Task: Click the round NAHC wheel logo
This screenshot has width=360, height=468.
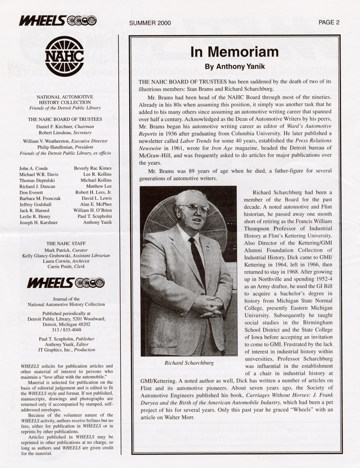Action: point(65,58)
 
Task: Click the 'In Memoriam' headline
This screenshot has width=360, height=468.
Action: point(234,52)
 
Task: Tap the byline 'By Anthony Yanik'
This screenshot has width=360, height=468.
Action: point(234,66)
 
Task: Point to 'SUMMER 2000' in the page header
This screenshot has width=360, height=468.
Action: point(150,23)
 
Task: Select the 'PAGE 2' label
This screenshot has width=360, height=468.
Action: point(329,22)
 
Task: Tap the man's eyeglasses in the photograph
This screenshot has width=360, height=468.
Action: point(193,208)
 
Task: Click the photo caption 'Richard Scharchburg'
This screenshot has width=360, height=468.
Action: point(189,363)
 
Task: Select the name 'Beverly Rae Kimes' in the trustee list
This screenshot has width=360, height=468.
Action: point(92,168)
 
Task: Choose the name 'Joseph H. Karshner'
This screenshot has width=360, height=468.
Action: point(39,223)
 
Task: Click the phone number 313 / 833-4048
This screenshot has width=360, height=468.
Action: point(66,330)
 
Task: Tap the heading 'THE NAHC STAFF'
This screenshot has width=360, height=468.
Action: point(66,243)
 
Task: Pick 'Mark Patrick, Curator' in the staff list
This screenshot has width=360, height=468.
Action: point(66,250)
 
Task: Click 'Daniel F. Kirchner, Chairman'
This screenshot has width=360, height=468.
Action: point(65,127)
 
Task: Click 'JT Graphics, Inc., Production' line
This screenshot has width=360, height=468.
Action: point(66,350)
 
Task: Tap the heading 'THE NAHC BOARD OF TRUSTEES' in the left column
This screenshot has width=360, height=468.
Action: point(65,119)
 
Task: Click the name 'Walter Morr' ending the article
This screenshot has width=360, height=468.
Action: point(178,417)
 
